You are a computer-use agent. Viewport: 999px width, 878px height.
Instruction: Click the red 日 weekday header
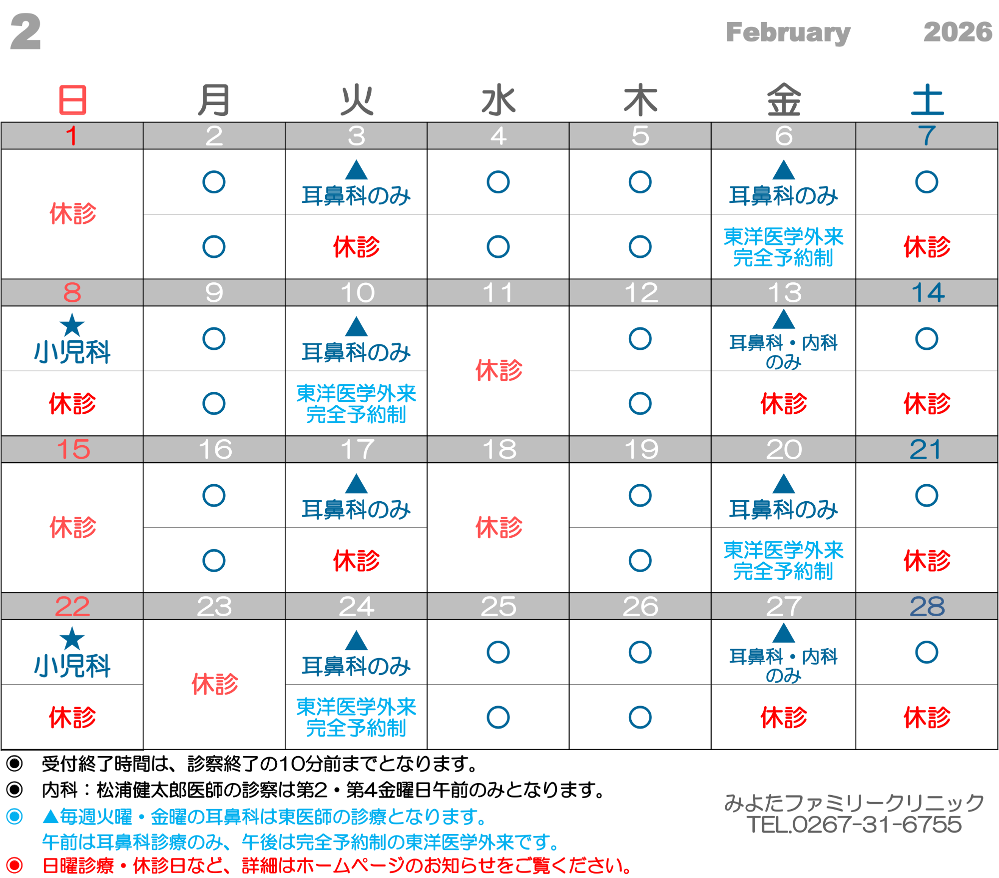(73, 100)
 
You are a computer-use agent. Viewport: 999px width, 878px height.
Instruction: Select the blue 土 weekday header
(927, 100)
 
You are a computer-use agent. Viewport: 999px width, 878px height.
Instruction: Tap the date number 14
(928, 293)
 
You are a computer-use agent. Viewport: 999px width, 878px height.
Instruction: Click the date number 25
(498, 607)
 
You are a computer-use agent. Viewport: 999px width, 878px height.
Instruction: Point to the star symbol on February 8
(72, 325)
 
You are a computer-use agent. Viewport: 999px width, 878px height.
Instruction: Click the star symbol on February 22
(72, 639)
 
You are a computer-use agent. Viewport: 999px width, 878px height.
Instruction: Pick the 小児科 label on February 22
(72, 666)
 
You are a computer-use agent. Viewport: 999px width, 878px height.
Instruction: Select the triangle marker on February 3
(356, 170)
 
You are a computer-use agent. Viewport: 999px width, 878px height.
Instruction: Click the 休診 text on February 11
(499, 370)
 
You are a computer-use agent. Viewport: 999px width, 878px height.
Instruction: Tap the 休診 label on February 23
(214, 684)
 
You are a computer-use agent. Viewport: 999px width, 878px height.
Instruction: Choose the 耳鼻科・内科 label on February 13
(783, 343)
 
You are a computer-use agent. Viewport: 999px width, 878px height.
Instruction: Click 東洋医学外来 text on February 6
(783, 237)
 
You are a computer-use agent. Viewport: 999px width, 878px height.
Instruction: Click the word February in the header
(788, 33)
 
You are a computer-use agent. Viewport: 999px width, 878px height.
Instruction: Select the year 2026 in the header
(957, 32)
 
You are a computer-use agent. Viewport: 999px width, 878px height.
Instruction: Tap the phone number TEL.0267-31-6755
(854, 825)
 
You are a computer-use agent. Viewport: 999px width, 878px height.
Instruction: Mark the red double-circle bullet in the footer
(14, 865)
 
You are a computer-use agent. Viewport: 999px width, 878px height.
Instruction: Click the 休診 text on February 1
(72, 214)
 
